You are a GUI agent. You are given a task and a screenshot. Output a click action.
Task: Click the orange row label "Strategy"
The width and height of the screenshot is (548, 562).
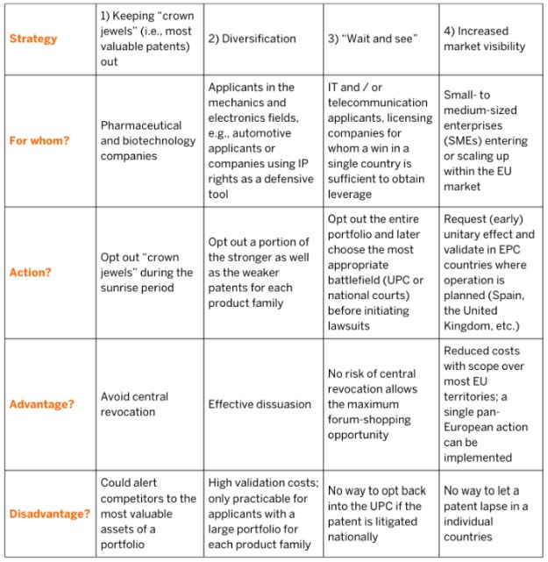[33, 39]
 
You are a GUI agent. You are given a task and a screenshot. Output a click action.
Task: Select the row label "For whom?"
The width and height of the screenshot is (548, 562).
[39, 140]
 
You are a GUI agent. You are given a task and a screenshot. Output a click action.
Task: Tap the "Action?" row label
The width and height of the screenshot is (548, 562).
[32, 272]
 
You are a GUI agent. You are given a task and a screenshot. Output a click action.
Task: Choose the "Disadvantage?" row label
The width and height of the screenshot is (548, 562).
[49, 514]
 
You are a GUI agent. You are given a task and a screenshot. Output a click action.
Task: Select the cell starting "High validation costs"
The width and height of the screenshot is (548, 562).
[261, 514]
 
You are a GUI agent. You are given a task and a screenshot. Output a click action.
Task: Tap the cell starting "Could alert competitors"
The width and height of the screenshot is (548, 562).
[147, 514]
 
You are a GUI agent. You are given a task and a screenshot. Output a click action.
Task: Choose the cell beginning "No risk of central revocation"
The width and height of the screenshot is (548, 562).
[377, 404]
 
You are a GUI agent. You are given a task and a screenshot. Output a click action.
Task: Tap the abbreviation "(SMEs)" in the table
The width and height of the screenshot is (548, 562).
[466, 141]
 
